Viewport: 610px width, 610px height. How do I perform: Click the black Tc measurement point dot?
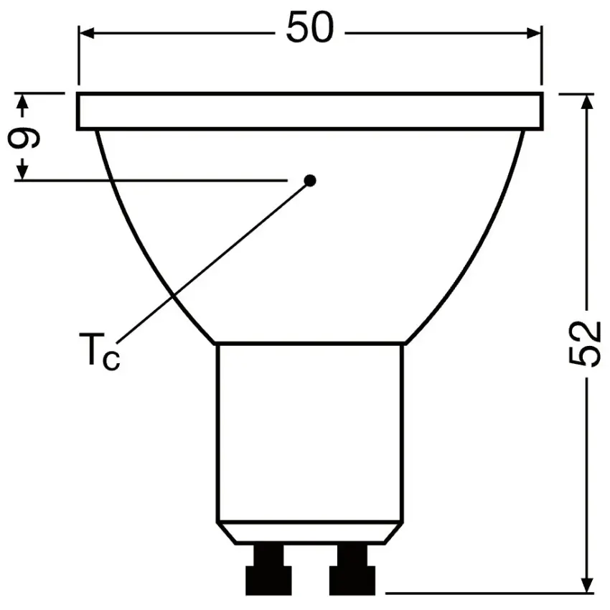(310, 180)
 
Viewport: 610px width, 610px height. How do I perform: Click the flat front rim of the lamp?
(310, 111)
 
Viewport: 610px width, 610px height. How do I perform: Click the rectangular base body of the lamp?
(310, 431)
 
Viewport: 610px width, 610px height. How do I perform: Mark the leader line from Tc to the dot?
(215, 260)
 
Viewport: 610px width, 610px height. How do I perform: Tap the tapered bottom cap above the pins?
(310, 532)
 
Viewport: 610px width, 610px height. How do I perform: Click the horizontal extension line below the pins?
(488, 594)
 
